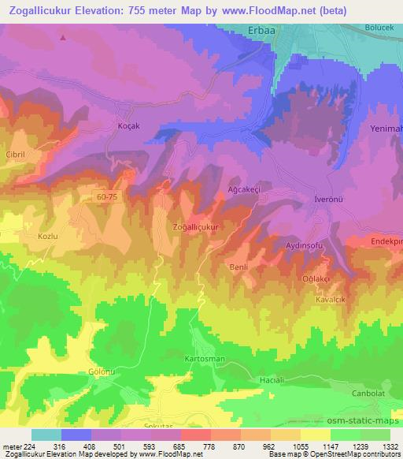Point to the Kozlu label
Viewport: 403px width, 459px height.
[x=39, y=236]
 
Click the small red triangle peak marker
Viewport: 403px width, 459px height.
[x=63, y=37]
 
